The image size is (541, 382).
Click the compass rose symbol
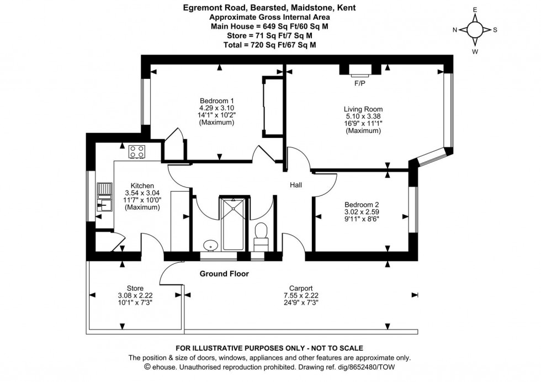pyautogui.click(x=475, y=30)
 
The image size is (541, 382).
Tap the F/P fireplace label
pyautogui.click(x=360, y=84)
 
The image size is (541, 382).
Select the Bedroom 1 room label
pyautogui.click(x=217, y=100)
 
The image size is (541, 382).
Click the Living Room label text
pyautogui.click(x=363, y=109)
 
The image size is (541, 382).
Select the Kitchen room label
pyautogui.click(x=142, y=186)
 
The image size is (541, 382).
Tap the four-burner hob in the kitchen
pyautogui.click(x=137, y=152)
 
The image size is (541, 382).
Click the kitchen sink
pyautogui.click(x=104, y=198)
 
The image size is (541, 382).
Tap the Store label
pyautogui.click(x=135, y=288)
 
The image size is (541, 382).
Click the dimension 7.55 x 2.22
pyautogui.click(x=301, y=295)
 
